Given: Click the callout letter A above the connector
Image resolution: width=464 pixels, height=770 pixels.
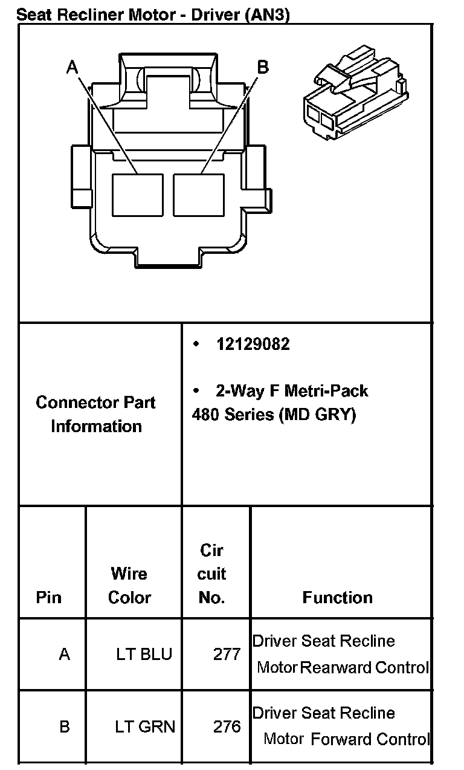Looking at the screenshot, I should pyautogui.click(x=72, y=66).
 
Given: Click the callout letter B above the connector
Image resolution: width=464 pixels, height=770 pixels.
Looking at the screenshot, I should pyautogui.click(x=262, y=66).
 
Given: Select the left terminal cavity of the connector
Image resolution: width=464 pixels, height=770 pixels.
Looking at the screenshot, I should pyautogui.click(x=138, y=195).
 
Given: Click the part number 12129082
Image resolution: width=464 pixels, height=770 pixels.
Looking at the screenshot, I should pyautogui.click(x=253, y=344).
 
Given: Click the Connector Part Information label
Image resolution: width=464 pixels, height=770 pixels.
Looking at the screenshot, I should pyautogui.click(x=96, y=414).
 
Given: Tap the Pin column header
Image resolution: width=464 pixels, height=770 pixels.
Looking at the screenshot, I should pyautogui.click(x=49, y=597).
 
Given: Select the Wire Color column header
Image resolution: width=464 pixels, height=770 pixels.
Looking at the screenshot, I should pyautogui.click(x=129, y=585).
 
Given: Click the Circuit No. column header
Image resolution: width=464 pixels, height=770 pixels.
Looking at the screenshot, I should pyautogui.click(x=211, y=574).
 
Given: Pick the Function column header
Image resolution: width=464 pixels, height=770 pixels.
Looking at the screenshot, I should pyautogui.click(x=337, y=597).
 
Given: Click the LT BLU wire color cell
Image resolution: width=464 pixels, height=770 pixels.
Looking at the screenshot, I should pyautogui.click(x=144, y=654).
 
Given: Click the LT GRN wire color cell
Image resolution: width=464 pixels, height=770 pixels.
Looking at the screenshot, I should pyautogui.click(x=145, y=726).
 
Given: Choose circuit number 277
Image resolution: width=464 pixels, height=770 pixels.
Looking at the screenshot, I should pyautogui.click(x=227, y=654).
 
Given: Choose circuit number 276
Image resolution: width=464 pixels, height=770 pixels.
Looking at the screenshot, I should pyautogui.click(x=227, y=726).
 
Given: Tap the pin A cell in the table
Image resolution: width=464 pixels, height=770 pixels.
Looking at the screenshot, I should pyautogui.click(x=64, y=654).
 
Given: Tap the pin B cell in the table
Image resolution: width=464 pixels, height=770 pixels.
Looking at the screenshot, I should pyautogui.click(x=64, y=726).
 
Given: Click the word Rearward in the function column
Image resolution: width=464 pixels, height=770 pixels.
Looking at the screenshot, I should pyautogui.click(x=336, y=668).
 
